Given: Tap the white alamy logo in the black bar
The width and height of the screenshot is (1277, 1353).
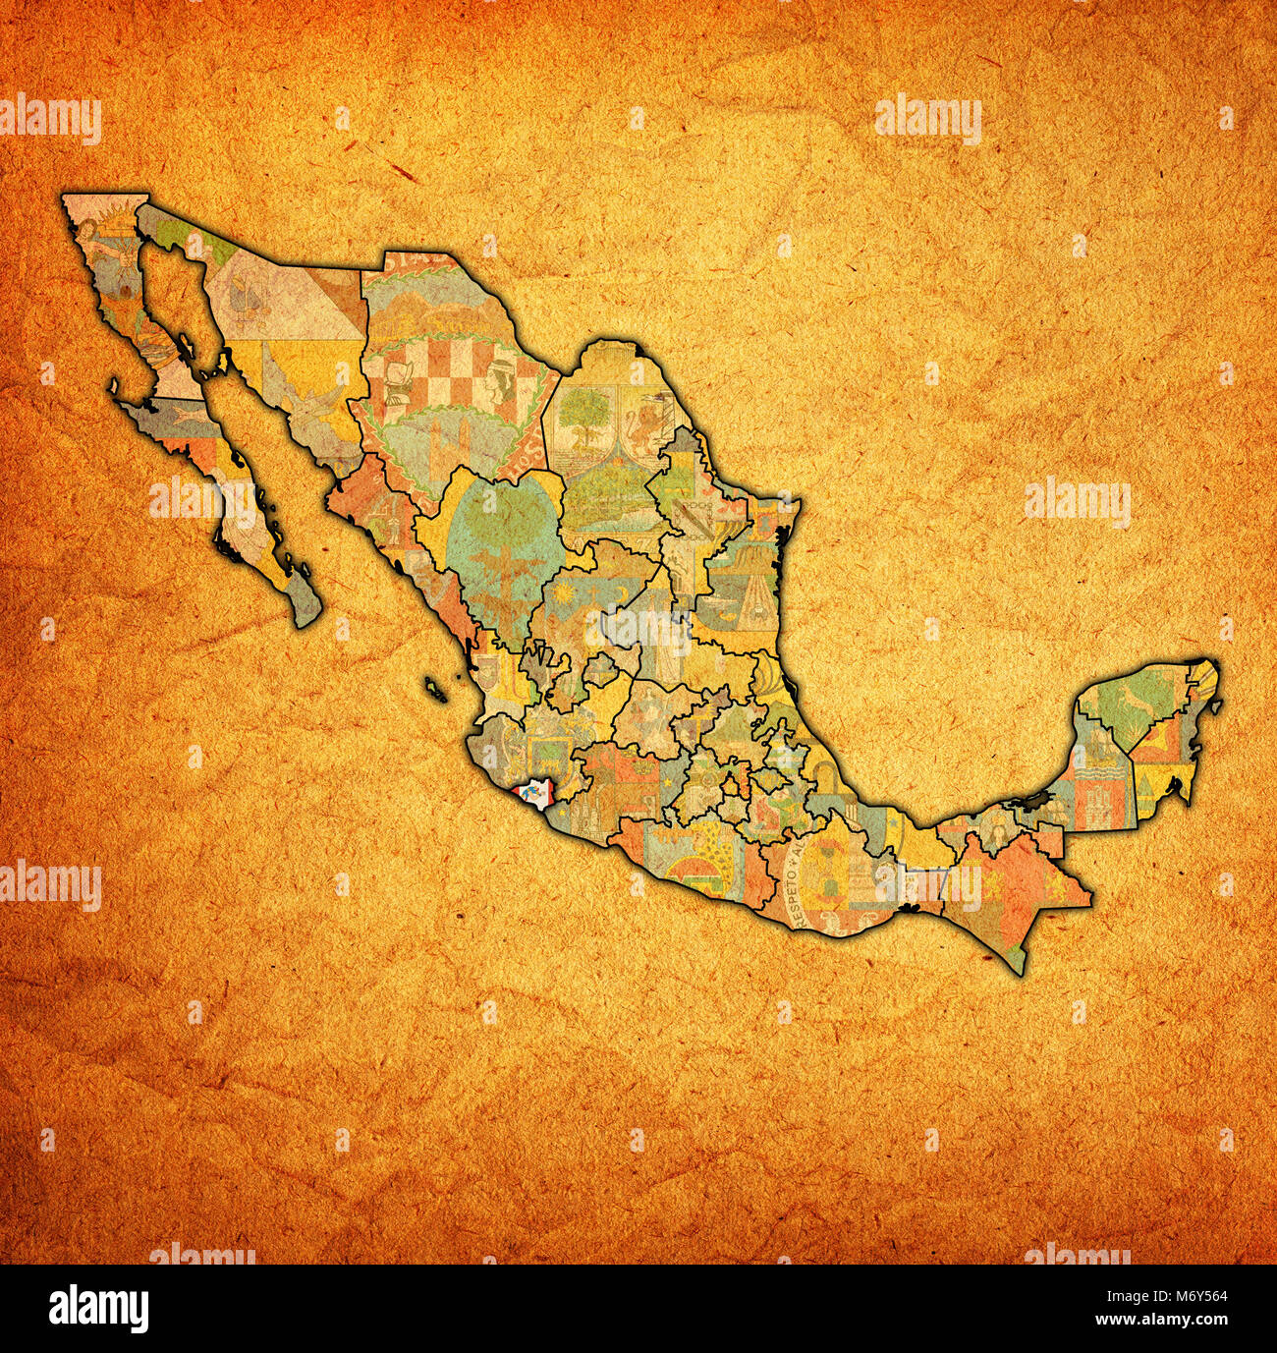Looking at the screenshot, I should [x=99, y=1308].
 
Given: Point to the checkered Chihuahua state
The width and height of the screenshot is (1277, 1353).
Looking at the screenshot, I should [x=447, y=373].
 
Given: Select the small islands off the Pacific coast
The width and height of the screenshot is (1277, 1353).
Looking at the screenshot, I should [x=437, y=690].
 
